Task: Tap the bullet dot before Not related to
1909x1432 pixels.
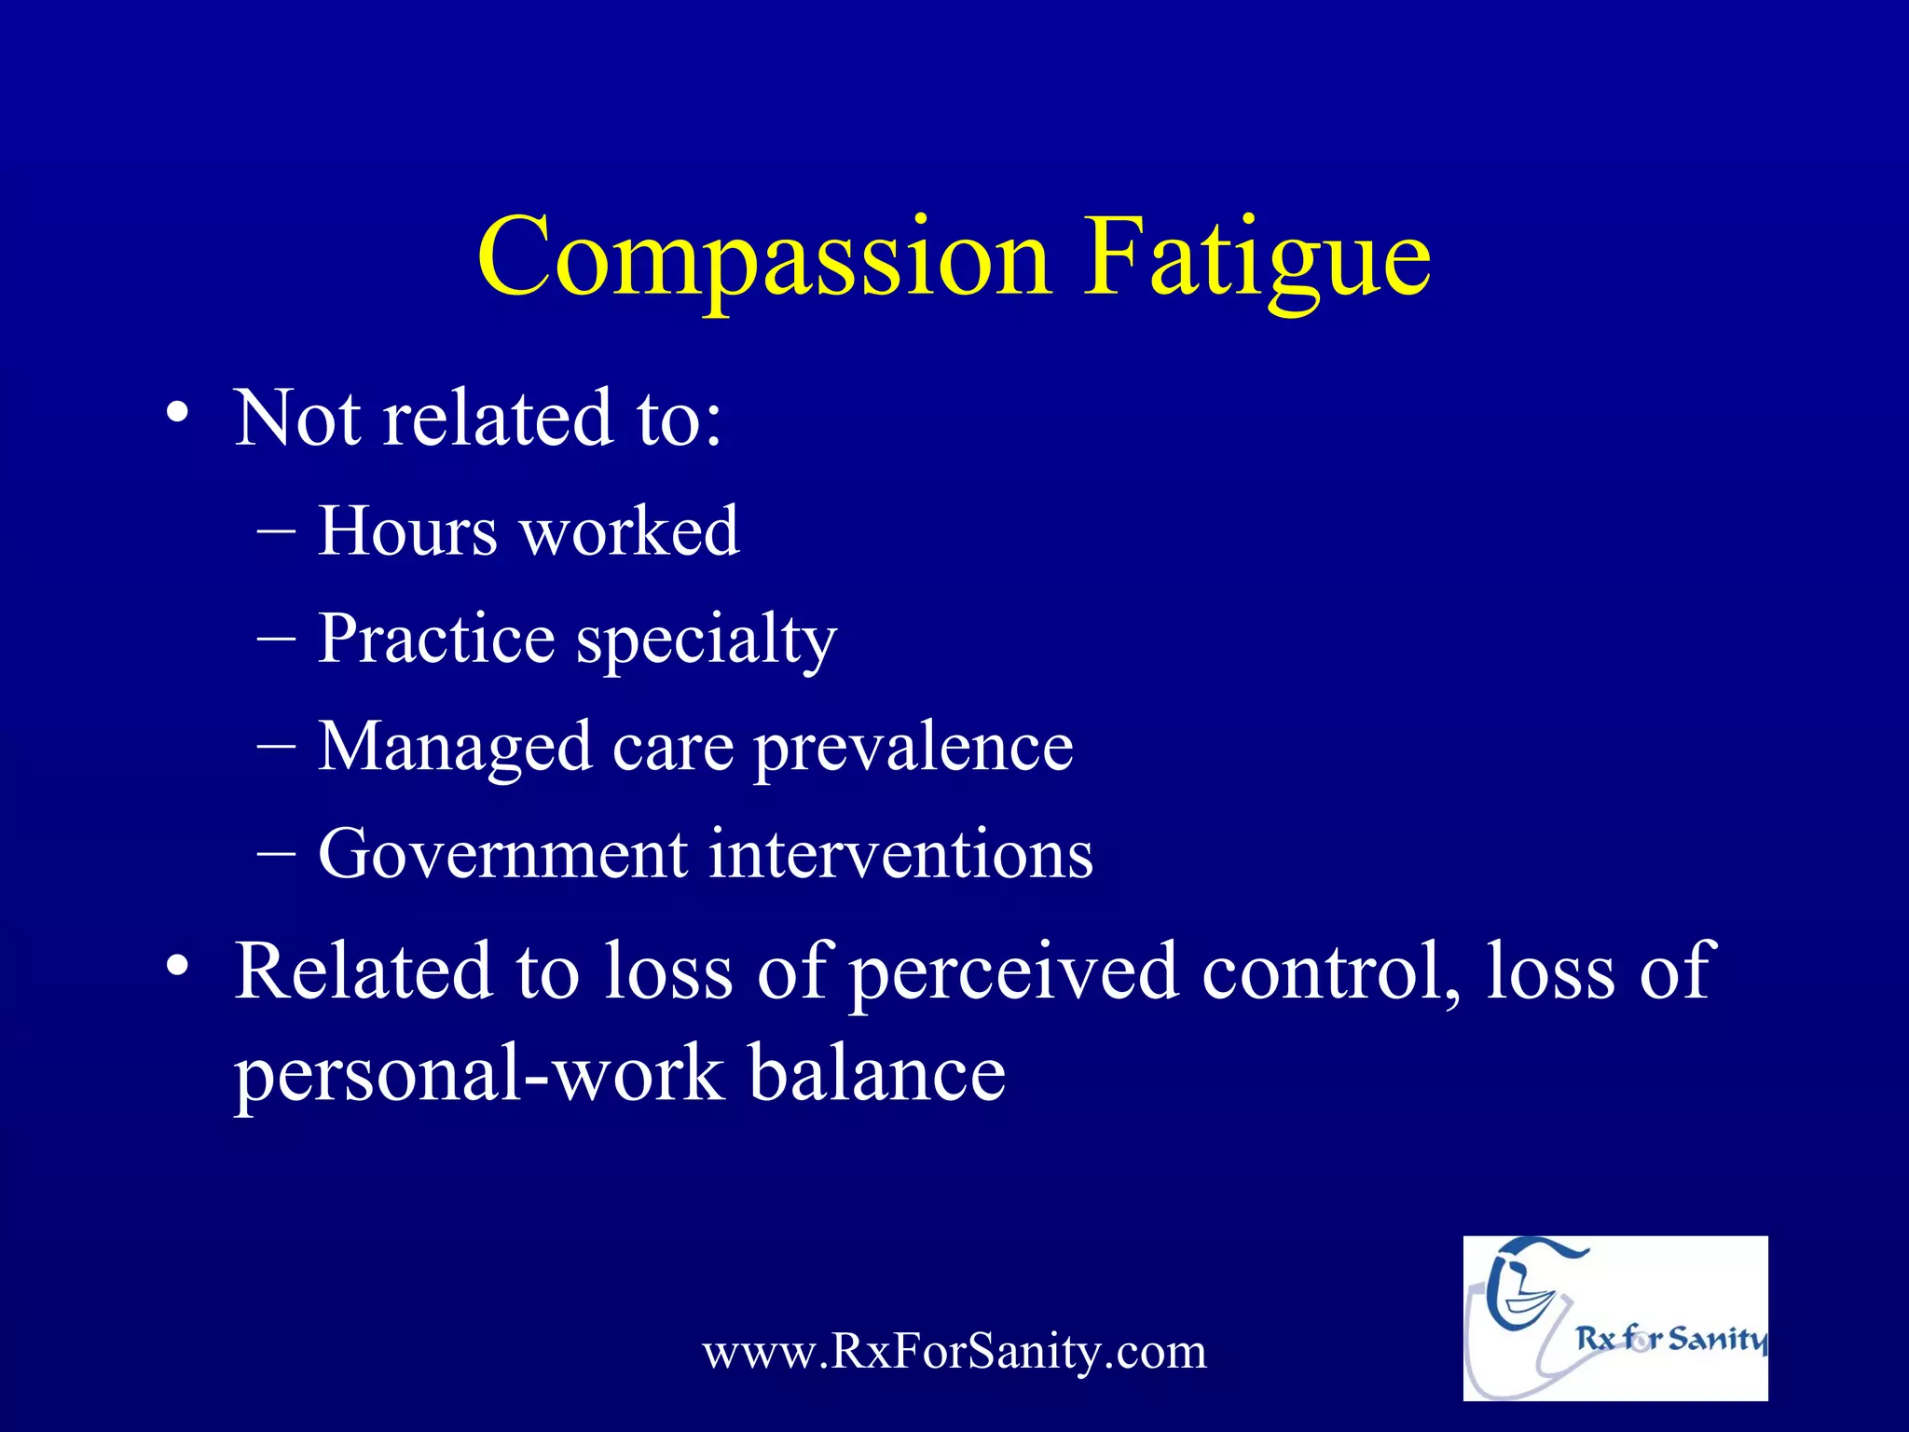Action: (177, 412)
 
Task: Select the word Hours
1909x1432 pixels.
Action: (407, 531)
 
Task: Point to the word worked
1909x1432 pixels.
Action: (629, 531)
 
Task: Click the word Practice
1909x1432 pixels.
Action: (436, 640)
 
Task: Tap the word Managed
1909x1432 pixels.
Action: (455, 748)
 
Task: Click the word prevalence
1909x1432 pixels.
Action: (913, 748)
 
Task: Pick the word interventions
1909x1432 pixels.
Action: (900, 854)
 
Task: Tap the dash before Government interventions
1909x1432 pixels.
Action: (276, 854)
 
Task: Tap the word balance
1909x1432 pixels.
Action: (877, 1072)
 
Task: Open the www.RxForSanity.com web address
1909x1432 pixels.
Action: (954, 1352)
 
